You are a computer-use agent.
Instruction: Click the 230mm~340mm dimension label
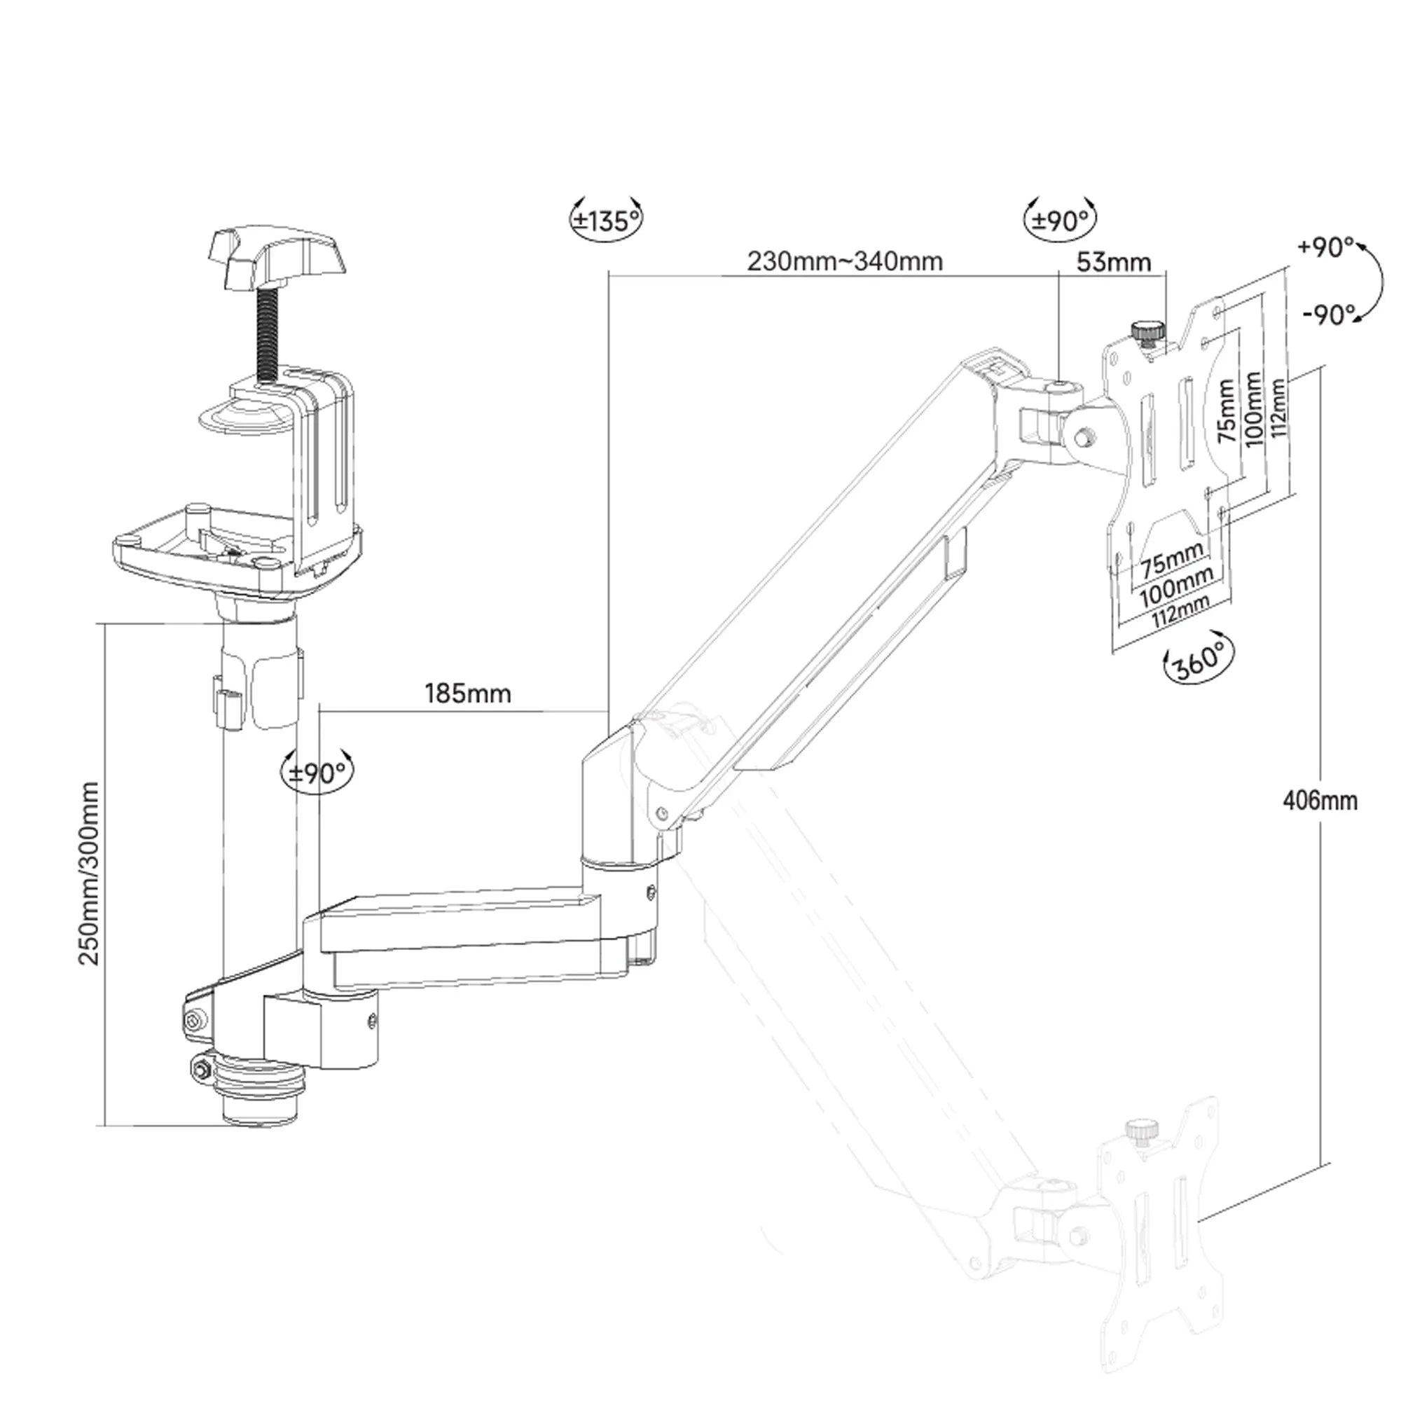pos(845,261)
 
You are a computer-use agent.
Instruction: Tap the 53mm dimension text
pos(1114,262)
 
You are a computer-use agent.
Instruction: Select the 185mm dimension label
pos(468,694)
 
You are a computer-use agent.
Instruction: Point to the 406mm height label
pos(1320,801)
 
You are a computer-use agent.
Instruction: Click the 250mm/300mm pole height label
pos(88,873)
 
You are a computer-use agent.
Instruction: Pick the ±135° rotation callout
pos(606,220)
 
